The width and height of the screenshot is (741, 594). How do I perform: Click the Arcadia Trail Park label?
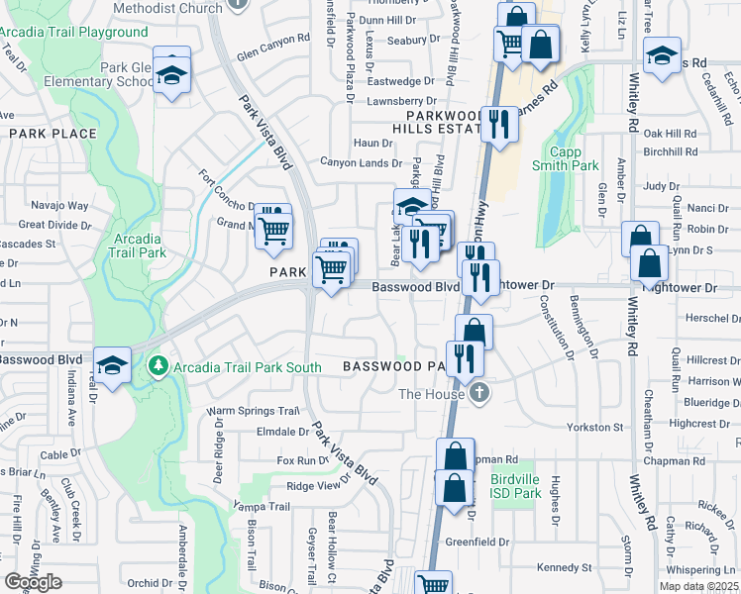(x=138, y=246)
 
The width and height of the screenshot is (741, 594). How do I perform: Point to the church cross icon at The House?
(x=479, y=393)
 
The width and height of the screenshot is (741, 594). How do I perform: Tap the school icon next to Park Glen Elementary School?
(x=172, y=75)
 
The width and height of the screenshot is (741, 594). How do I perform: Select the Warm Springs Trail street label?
(x=253, y=411)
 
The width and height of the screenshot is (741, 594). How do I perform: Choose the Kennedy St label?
(x=564, y=568)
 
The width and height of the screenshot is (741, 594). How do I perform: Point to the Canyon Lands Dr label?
(x=361, y=163)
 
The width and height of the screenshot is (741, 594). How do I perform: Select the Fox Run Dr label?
(x=302, y=460)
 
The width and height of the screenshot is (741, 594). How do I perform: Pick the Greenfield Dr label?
(x=483, y=542)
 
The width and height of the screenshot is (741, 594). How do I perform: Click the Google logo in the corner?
(x=34, y=581)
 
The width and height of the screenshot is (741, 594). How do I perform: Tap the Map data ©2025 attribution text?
(x=699, y=587)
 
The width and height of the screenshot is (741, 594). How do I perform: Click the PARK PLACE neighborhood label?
(x=53, y=134)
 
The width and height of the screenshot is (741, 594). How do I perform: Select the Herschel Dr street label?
(x=713, y=319)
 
